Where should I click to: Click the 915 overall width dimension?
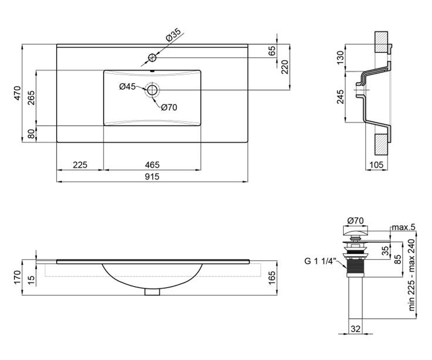click(152, 177)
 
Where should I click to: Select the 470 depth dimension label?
click(18, 93)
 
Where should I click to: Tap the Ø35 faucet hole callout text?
click(173, 35)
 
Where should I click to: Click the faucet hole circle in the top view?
click(152, 58)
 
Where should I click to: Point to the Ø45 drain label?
click(127, 86)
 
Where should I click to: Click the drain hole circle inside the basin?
click(152, 90)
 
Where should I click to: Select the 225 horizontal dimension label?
click(80, 165)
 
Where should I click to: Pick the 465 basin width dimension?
click(152, 165)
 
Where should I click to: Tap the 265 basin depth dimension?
click(31, 98)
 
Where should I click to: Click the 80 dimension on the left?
click(31, 134)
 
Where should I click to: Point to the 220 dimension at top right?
click(285, 67)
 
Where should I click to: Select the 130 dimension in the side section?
click(340, 58)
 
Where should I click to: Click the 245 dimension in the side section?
click(340, 97)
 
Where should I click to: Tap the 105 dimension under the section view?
click(376, 165)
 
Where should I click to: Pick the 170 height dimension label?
click(18, 277)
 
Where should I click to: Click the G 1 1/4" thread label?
click(319, 261)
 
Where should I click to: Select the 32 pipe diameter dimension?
click(356, 329)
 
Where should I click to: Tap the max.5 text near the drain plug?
click(404, 227)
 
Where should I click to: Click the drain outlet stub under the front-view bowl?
click(152, 292)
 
